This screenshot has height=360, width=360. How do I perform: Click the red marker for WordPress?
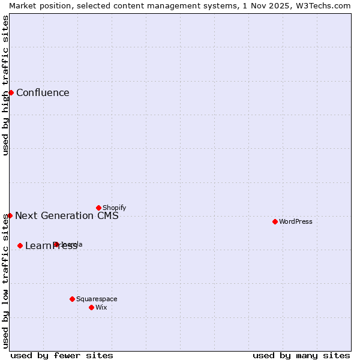275,221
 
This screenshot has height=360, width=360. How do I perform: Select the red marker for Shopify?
98,208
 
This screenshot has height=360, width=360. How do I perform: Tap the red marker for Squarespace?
72,299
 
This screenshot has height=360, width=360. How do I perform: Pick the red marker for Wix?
91,307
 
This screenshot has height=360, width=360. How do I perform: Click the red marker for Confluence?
11,92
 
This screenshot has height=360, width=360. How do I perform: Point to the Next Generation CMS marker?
10,215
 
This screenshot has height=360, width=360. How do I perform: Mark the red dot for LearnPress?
20,245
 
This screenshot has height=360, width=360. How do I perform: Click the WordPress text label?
296,221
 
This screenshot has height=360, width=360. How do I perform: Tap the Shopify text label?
114,208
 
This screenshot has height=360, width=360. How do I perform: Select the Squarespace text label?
97,299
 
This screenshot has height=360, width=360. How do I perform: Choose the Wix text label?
101,307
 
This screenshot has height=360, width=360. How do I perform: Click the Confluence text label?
43,92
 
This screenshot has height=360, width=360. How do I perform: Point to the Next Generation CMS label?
67,215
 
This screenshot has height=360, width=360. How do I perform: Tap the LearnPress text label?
51,246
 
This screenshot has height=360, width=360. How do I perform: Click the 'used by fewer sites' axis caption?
62,355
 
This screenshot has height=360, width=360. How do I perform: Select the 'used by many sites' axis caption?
301,355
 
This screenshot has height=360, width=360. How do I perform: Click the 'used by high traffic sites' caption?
5,85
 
